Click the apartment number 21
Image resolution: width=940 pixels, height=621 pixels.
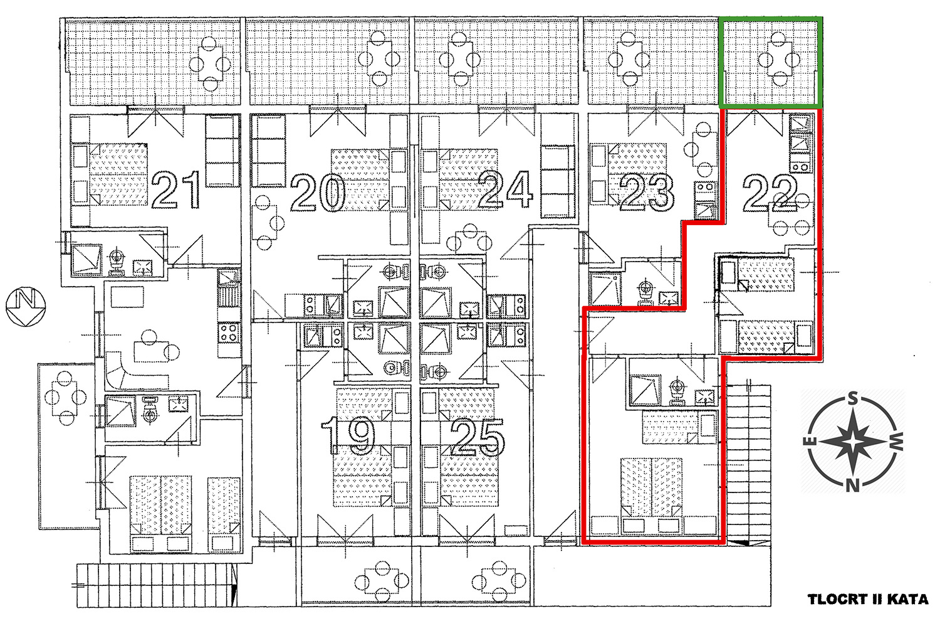pos(176,189)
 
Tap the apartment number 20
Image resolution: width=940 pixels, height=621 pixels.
pos(318,193)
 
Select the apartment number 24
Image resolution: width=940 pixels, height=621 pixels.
pos(505,189)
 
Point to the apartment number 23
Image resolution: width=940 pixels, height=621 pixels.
pos(647,193)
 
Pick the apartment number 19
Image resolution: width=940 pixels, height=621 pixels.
pos(348,435)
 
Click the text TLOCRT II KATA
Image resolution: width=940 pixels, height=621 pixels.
pos(868,599)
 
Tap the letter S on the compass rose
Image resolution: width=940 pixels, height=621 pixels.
pos(853,398)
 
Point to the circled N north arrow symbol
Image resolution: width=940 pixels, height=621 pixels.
pos(26,306)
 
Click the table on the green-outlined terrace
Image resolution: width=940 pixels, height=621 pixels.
pos(780,59)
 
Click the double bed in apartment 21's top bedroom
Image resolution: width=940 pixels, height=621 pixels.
pos(118,174)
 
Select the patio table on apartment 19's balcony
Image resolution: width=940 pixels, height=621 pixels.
pos(382,581)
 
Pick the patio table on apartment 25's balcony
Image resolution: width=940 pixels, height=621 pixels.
pos(499,581)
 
